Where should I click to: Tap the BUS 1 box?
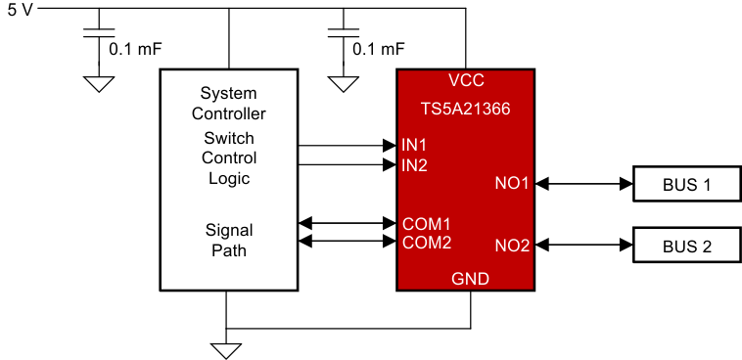[686, 183]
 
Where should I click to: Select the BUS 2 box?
[686, 245]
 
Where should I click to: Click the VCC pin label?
[466, 80]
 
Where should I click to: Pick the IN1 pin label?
[414, 145]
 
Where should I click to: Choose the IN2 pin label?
[414, 164]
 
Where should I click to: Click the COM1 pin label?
[427, 222]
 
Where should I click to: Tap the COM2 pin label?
[427, 242]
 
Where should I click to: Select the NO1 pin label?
[512, 183]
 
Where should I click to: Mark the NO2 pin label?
[512, 245]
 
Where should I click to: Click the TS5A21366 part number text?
[465, 110]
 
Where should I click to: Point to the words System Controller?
[228, 104]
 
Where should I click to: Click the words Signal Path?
[228, 241]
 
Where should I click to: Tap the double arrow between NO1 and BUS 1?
[583, 183]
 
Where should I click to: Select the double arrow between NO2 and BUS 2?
[583, 245]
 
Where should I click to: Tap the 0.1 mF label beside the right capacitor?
[378, 48]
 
